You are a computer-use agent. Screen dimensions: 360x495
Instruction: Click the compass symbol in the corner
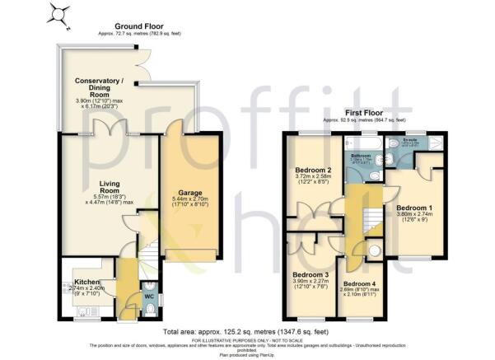tap(57, 13)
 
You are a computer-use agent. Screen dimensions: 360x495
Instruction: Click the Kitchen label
tap(86, 282)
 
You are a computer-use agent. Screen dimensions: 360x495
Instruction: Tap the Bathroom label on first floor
tap(360, 154)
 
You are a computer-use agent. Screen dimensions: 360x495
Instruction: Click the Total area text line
tap(247, 329)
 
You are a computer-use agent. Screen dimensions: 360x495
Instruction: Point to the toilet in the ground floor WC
tap(148, 307)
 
